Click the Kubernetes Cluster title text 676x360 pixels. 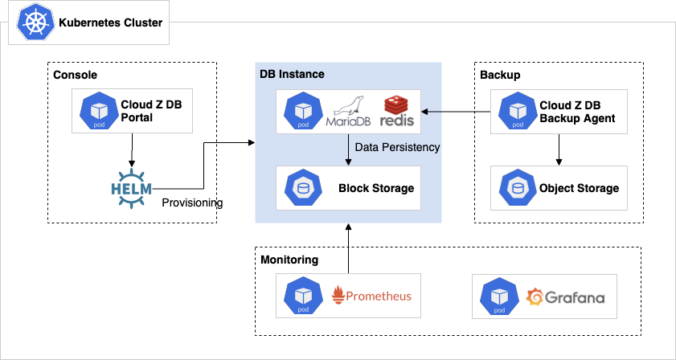[111, 22]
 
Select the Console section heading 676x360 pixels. [75, 75]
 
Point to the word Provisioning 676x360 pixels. [192, 202]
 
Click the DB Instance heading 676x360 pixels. [292, 74]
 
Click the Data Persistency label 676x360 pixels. [397, 147]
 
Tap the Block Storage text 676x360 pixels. [375, 188]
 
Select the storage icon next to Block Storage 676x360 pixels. [302, 188]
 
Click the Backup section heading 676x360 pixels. [500, 75]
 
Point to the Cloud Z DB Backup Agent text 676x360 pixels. [577, 112]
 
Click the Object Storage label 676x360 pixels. [579, 188]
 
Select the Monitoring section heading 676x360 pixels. [289, 260]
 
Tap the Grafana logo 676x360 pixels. [565, 297]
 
